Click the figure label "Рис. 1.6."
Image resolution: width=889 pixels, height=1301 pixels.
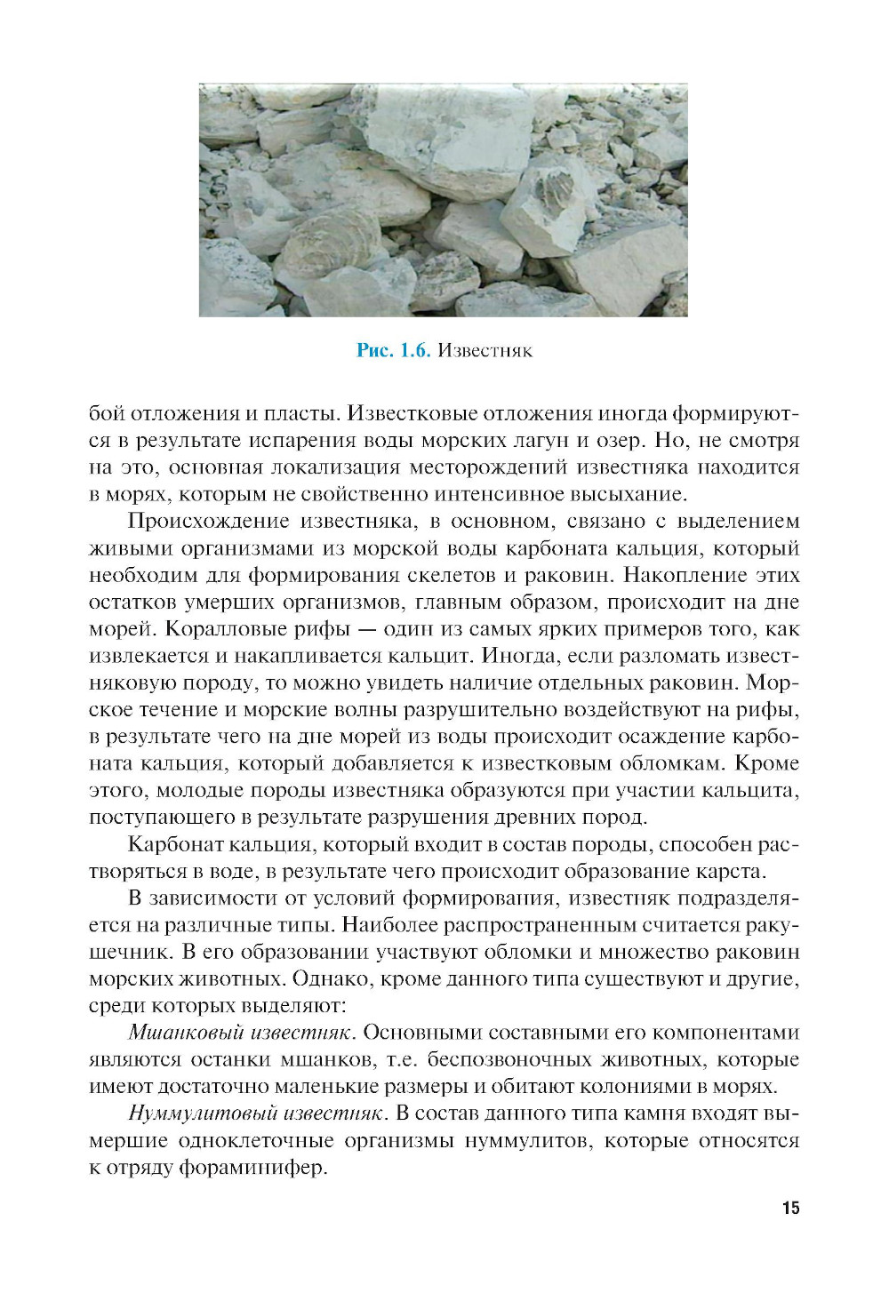[393, 350]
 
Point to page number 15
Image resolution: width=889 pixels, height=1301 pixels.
[790, 1208]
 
